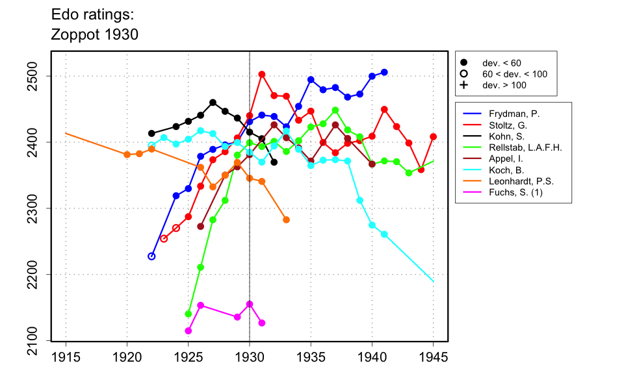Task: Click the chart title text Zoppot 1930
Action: click(94, 34)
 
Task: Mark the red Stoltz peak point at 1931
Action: click(262, 74)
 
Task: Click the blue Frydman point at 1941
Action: click(384, 72)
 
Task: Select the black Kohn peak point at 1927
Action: click(213, 103)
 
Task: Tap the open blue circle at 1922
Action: click(151, 256)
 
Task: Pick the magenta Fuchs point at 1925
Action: click(188, 330)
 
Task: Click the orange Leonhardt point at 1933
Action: click(286, 220)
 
